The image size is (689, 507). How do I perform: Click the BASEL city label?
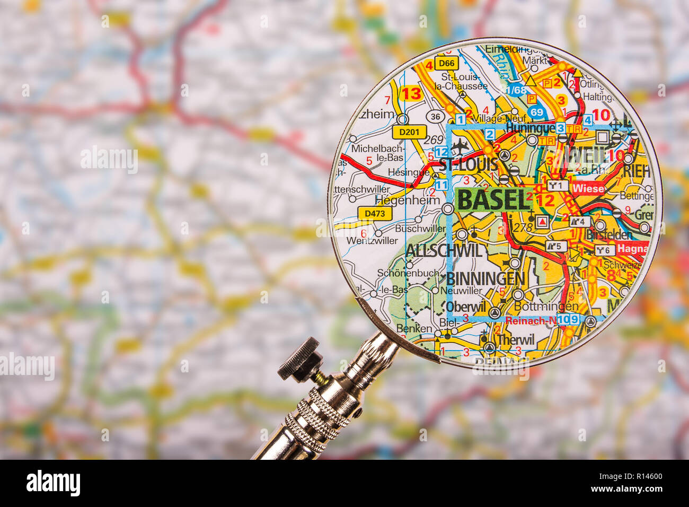492,200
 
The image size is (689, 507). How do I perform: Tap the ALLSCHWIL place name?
444,250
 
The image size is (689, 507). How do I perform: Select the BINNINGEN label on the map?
485,278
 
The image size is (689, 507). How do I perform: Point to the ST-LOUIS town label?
469,164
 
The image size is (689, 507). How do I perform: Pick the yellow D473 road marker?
375,214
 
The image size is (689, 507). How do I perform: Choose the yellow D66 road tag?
446,64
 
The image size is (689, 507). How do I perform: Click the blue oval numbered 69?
536,112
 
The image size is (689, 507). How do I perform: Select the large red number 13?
411,94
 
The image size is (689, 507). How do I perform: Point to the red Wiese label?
588,188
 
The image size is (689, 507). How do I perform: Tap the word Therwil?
516,339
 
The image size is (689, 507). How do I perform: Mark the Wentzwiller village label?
372,240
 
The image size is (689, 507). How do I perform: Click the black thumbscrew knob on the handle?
300,360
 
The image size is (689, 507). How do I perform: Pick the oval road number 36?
436,117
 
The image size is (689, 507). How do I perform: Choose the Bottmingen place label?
546,307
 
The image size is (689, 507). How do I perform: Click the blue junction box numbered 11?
441,185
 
